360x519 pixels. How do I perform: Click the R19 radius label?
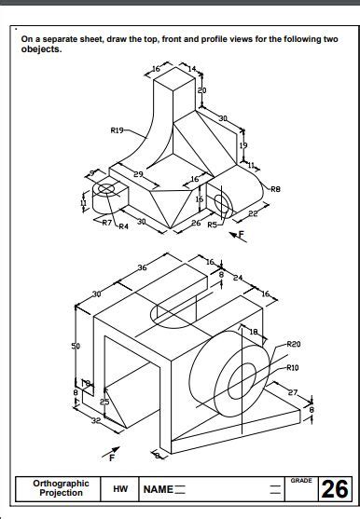coord(117,130)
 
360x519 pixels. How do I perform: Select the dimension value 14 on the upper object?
coord(191,70)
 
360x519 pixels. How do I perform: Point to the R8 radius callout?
coord(275,189)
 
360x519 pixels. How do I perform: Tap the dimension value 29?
coord(138,174)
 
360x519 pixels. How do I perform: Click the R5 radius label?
coord(212,225)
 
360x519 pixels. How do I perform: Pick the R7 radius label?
coord(107,224)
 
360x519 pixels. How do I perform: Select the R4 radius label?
coord(123,225)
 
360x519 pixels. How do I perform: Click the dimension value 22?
coord(254,214)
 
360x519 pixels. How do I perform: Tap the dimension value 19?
coord(242,145)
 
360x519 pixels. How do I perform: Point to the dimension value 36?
coord(142,267)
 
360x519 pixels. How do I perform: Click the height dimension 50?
coord(76,346)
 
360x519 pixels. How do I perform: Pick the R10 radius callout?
coord(293,367)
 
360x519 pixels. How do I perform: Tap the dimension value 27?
coord(292,392)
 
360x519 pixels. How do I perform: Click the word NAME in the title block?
coord(158,489)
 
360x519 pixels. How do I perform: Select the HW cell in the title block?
coord(120,489)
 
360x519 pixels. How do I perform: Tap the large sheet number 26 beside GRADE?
coord(334,490)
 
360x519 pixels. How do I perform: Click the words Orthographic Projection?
coord(61,488)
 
